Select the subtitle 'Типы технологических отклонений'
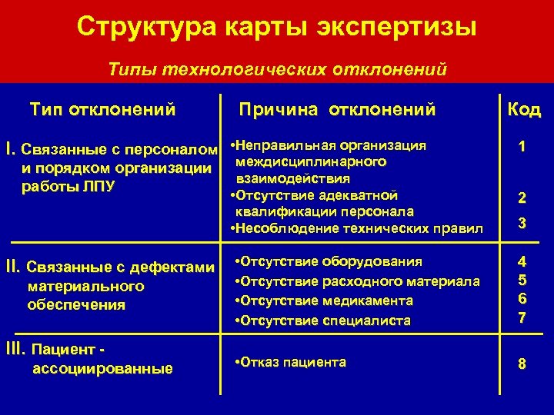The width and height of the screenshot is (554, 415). [x=277, y=69]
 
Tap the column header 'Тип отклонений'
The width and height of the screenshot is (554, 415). [x=102, y=109]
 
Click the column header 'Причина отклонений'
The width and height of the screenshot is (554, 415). [x=337, y=109]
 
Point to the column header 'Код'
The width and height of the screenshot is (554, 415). [x=523, y=110]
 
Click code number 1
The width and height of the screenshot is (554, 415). [x=522, y=146]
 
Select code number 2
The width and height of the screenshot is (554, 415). [x=522, y=198]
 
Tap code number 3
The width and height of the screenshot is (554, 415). [x=522, y=224]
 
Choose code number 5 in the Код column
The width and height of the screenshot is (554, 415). [x=522, y=281]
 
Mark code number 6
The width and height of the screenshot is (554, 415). [x=522, y=299]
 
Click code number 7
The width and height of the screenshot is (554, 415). [x=522, y=317]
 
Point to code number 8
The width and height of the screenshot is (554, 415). [x=522, y=364]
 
